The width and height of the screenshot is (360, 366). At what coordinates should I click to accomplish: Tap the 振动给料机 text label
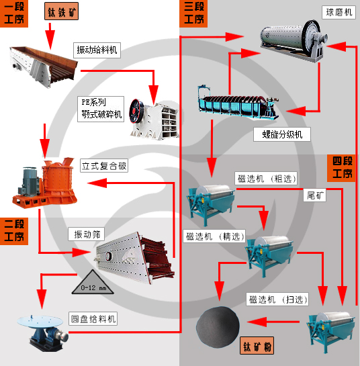coord(97,49)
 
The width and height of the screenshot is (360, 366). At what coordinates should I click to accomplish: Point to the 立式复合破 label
coord(104,166)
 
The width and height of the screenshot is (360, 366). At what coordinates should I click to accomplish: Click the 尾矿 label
coord(316,195)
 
